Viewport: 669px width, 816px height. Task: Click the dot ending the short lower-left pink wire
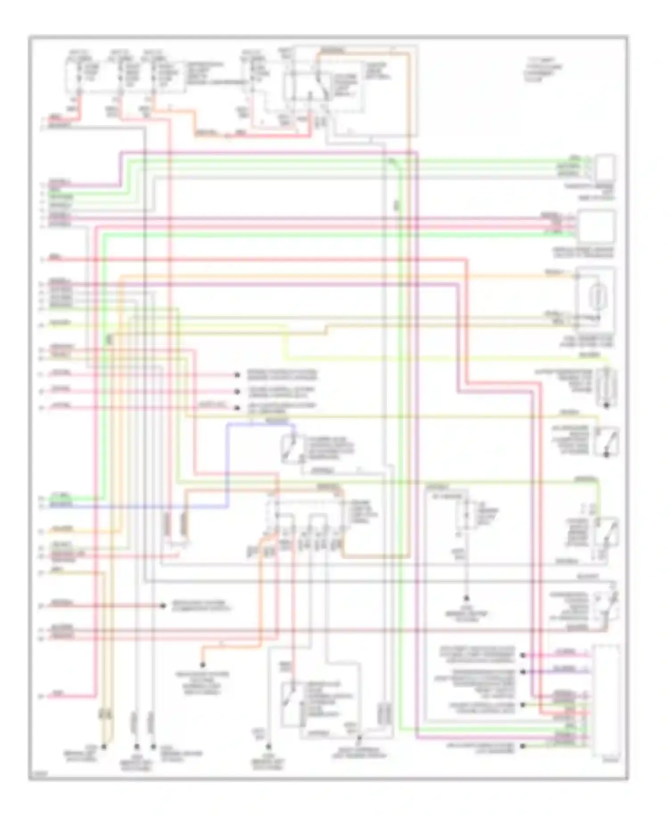coord(163,606)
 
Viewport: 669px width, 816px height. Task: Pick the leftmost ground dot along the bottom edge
coord(104,746)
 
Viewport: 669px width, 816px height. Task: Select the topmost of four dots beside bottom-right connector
coord(523,655)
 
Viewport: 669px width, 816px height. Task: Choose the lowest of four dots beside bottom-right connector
coord(523,746)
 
